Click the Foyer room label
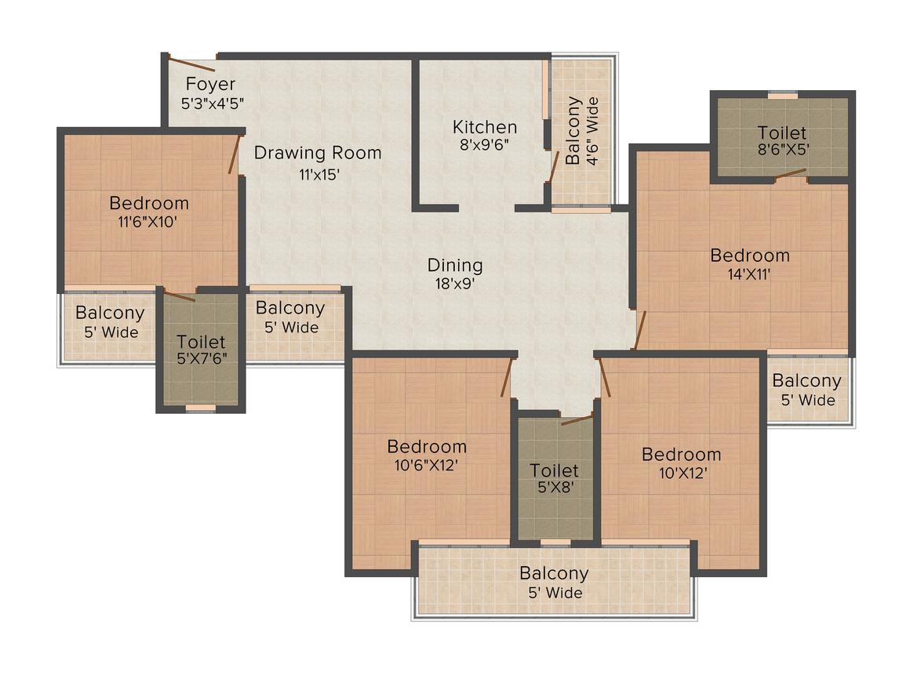point(210,84)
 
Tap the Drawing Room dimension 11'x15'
point(318,175)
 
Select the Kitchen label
point(485,127)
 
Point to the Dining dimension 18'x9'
point(455,285)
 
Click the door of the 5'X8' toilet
point(577,420)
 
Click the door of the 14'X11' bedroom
point(639,330)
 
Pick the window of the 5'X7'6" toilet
point(200,408)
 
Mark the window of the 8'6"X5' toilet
point(782,96)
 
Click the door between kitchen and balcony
point(553,167)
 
